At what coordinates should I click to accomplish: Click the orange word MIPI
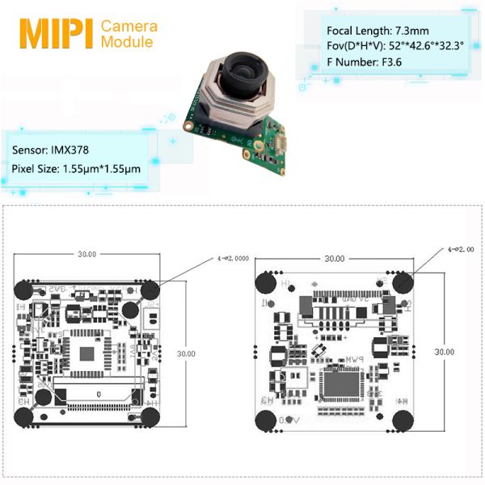[55, 32]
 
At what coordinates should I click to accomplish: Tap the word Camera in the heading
[129, 26]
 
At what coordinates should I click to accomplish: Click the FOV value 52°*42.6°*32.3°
[429, 45]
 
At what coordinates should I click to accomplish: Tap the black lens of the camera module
[242, 72]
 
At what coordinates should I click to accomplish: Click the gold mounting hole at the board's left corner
[189, 127]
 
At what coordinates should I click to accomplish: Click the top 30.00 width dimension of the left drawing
[86, 254]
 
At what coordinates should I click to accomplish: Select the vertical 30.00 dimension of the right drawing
[444, 352]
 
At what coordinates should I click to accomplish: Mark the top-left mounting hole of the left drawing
[24, 289]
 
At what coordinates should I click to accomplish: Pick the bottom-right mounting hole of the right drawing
[404, 422]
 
